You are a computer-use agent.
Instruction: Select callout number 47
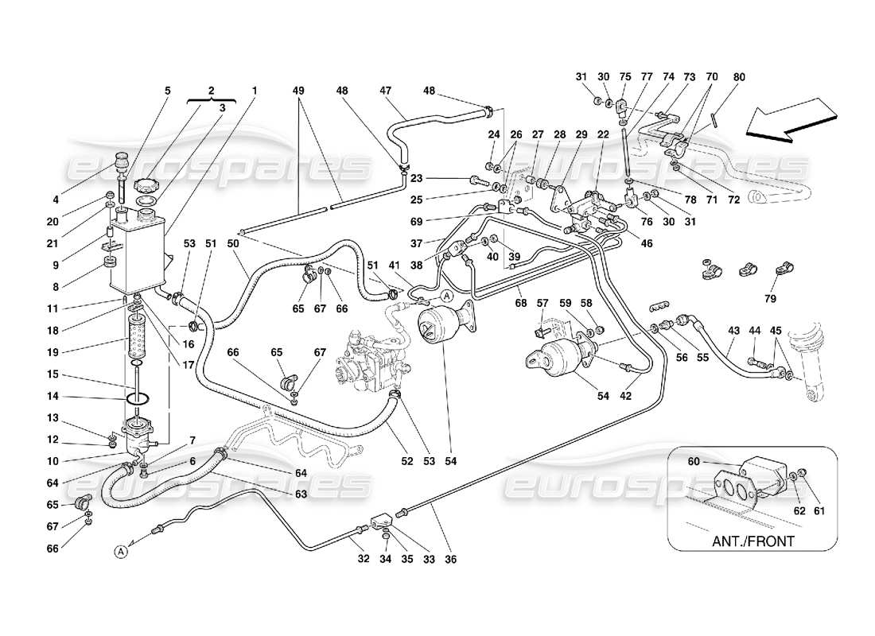[x=387, y=91]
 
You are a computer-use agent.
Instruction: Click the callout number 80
[x=740, y=77]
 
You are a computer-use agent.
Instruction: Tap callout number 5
[x=167, y=91]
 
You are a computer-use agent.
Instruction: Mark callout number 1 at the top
[x=255, y=91]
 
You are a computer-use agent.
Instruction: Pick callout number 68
[x=520, y=303]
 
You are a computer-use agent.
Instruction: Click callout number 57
[x=543, y=303]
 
